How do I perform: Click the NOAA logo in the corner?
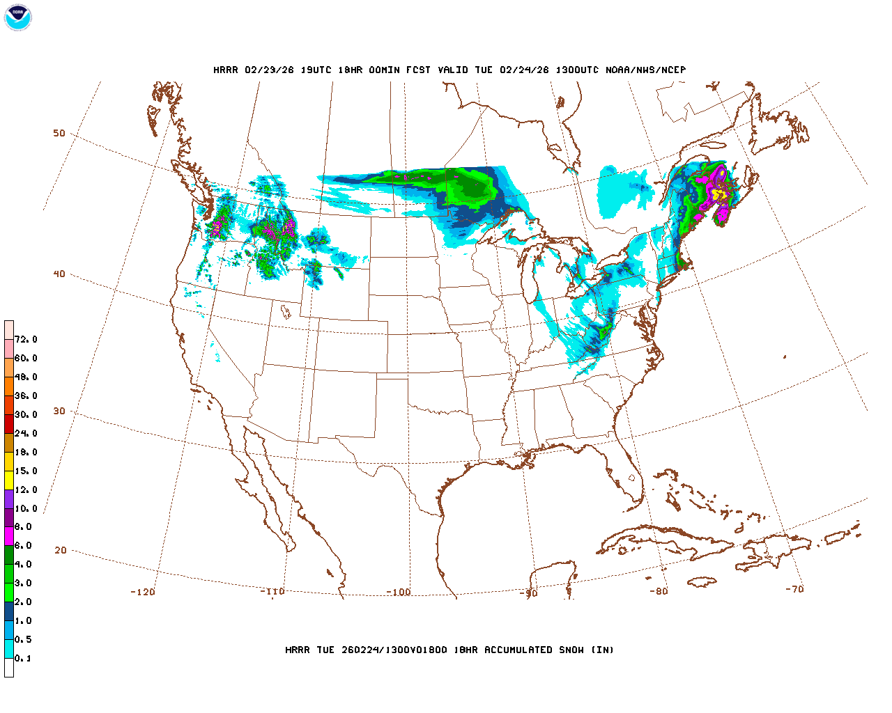tap(17, 17)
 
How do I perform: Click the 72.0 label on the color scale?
tap(26, 340)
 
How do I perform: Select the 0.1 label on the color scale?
tap(23, 658)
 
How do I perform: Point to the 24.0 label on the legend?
tap(26, 433)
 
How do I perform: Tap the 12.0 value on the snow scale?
tap(26, 489)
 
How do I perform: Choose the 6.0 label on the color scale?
tap(23, 545)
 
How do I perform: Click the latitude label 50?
tap(59, 133)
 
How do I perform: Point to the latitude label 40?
tap(59, 274)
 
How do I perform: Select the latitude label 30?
tap(59, 411)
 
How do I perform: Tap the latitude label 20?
tap(61, 550)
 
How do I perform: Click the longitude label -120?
tap(143, 592)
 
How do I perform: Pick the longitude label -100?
tap(399, 592)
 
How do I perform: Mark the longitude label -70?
tap(794, 589)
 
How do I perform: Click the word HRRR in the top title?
tap(226, 70)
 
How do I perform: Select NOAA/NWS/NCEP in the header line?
tap(645, 70)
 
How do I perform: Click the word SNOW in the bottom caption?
tap(570, 650)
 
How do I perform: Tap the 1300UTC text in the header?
tap(578, 70)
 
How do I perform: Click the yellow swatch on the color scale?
tap(9, 480)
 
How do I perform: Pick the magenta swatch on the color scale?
tap(9, 536)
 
